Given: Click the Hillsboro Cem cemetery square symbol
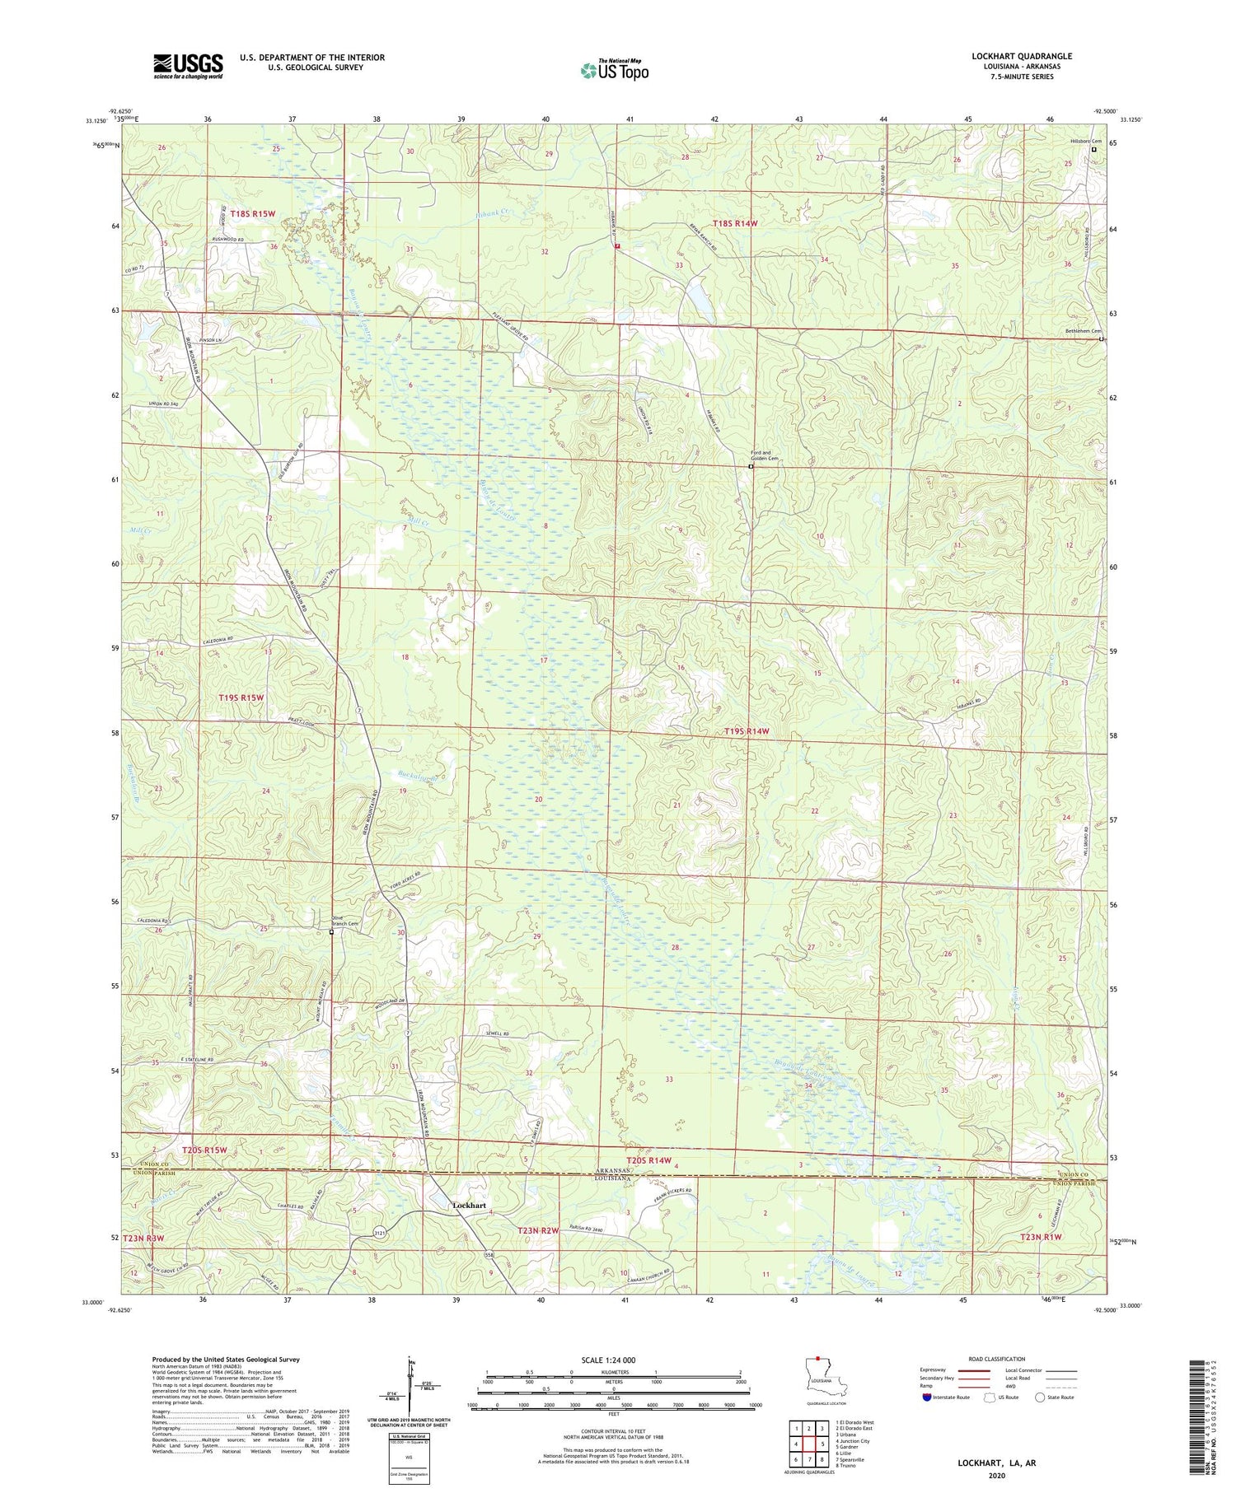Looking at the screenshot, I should coord(1094,150).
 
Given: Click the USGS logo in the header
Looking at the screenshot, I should coord(188,66).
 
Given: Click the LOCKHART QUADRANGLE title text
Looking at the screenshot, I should coord(1021,57).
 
